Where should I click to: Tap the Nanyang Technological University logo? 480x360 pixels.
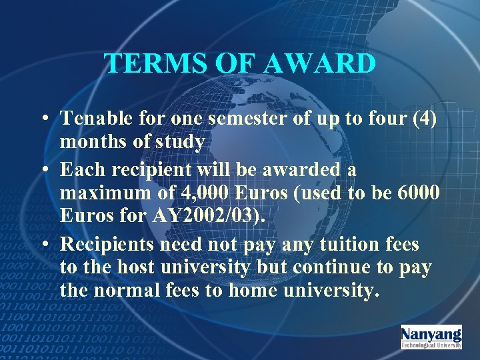point(431,337)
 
